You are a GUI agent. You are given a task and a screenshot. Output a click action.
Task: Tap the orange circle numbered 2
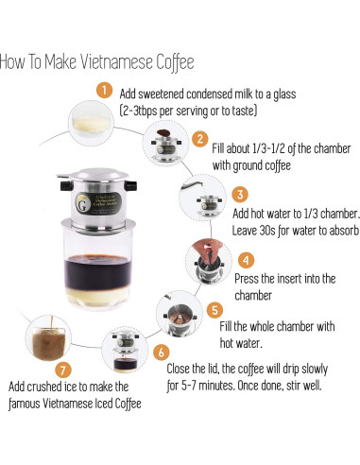pyautogui.click(x=199, y=138)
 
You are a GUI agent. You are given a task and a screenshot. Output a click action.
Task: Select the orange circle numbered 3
pyautogui.click(x=241, y=195)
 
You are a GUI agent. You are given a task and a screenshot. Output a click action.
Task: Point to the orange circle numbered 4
pyautogui.click(x=246, y=258)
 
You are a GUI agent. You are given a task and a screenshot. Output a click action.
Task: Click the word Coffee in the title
pyautogui.click(x=169, y=62)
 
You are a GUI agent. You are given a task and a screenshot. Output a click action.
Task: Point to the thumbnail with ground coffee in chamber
pyautogui.click(x=161, y=142)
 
